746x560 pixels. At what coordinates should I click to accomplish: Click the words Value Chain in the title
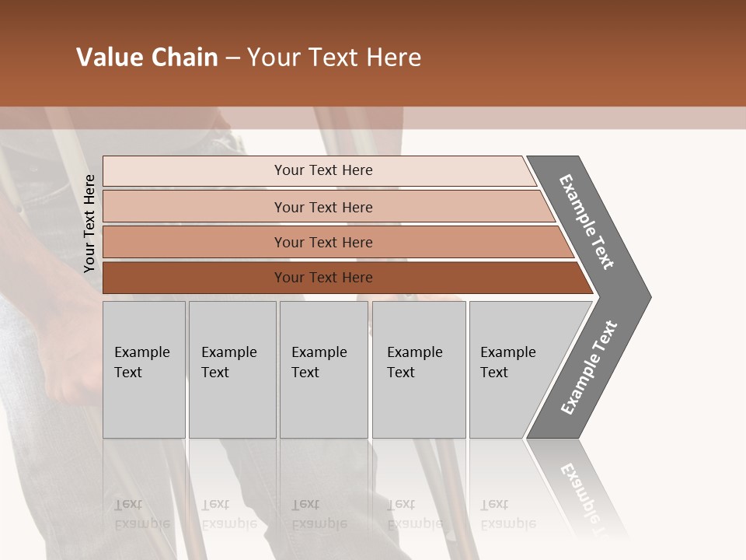pyautogui.click(x=147, y=58)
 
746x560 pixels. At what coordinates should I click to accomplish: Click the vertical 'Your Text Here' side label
pyautogui.click(x=89, y=223)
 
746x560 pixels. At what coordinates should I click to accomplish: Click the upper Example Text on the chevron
pyautogui.click(x=587, y=222)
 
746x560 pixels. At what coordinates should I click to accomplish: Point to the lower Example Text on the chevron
pyautogui.click(x=589, y=367)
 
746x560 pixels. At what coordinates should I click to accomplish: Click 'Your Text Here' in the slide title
pyautogui.click(x=334, y=58)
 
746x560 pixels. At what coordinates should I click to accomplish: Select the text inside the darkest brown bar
pyautogui.click(x=323, y=278)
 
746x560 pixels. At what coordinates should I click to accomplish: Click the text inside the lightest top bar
pyautogui.click(x=323, y=170)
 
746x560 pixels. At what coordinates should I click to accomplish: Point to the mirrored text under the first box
pyautogui.click(x=142, y=513)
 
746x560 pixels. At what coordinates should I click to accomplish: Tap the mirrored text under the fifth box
pyautogui.click(x=508, y=513)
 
